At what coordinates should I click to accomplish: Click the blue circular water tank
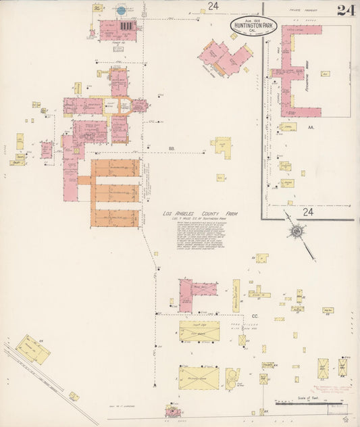click(x=121, y=10)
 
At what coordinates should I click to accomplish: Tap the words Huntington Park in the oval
click(x=252, y=26)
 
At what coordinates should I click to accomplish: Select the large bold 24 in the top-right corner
click(x=346, y=9)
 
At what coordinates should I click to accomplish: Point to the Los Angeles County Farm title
click(x=203, y=215)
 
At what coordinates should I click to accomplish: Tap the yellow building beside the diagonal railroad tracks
click(x=32, y=349)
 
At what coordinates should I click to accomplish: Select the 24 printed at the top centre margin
click(x=213, y=7)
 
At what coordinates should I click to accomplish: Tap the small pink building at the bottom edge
click(x=173, y=411)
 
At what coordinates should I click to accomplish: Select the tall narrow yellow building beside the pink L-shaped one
click(x=236, y=295)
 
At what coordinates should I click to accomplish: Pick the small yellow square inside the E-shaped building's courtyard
click(x=325, y=73)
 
